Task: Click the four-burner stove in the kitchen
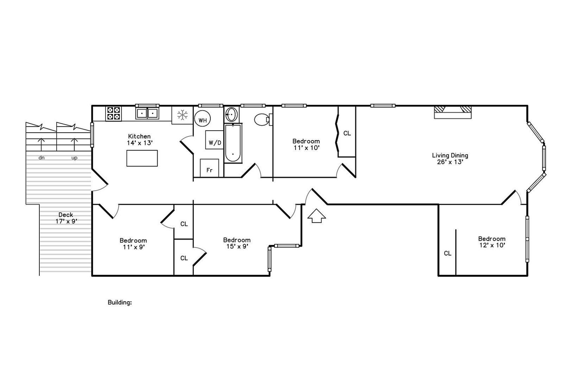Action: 113,114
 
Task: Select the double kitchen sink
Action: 147,113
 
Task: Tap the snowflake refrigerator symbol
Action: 182,115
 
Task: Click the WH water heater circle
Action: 203,119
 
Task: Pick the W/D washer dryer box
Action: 215,140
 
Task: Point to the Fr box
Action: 209,168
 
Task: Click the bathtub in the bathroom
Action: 233,143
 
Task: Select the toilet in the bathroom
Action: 263,120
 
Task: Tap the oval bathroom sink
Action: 232,115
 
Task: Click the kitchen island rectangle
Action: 142,158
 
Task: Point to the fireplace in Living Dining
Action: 452,112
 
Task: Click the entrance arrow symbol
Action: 317,216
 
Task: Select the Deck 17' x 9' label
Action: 66,218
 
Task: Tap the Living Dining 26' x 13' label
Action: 450,159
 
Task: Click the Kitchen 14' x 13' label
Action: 139,139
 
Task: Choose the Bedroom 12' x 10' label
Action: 492,242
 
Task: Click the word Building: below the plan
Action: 120,302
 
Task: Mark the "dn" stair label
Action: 42,158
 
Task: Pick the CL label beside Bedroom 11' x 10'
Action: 347,133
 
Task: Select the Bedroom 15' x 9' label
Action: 237,243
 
